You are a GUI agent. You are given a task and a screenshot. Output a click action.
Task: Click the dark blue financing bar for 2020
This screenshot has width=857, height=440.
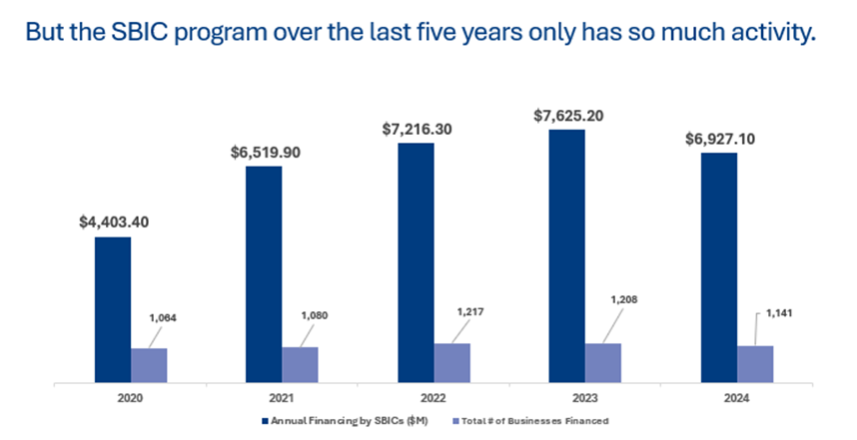click(113, 308)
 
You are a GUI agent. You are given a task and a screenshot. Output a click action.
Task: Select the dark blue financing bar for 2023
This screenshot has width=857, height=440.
click(566, 254)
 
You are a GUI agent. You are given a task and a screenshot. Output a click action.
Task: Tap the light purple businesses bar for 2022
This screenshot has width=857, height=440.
click(451, 361)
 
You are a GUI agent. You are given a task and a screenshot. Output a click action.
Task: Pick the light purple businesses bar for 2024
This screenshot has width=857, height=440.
click(755, 362)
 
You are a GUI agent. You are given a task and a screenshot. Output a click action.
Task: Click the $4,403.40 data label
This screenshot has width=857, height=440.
click(114, 221)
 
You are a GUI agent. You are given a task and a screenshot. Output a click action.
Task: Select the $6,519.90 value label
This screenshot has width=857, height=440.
click(264, 152)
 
